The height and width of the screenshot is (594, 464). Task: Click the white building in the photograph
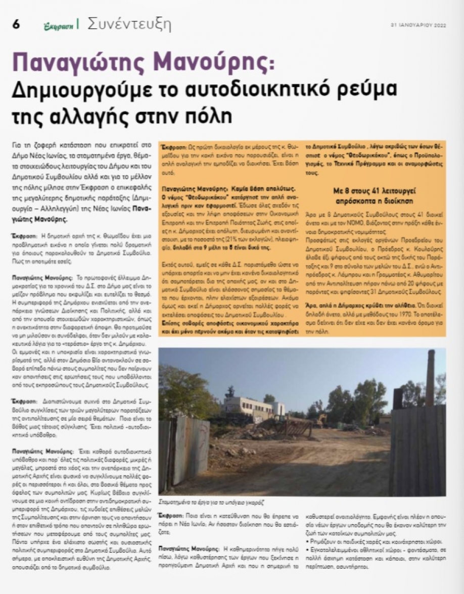point(253,407)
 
